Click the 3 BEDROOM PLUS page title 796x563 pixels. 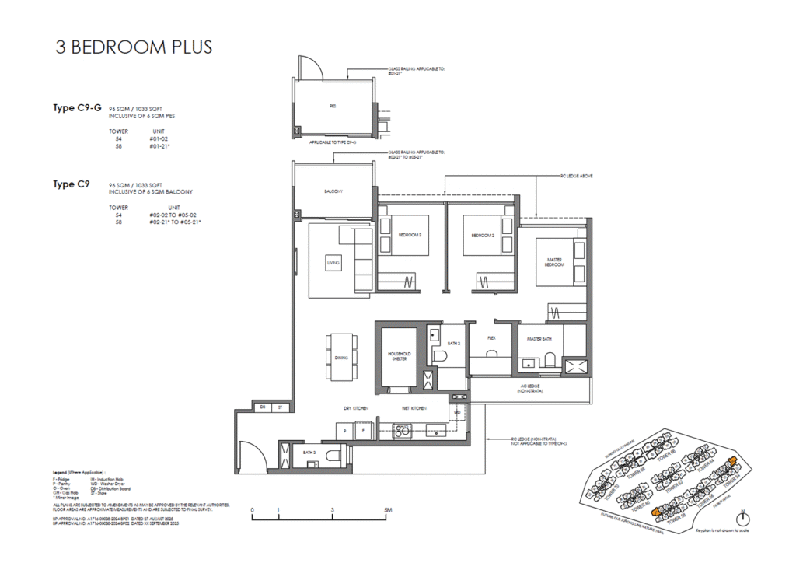[134, 47]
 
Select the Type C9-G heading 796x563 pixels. [78, 108]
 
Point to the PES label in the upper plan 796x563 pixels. [332, 106]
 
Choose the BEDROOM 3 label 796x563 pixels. [410, 235]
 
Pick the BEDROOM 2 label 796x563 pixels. [484, 235]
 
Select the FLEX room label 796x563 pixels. [491, 338]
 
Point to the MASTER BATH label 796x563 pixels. [539, 338]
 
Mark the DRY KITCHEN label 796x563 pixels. [356, 408]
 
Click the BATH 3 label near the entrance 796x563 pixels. [309, 452]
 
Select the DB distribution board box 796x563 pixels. [263, 407]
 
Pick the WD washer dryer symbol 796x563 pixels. [457, 412]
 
